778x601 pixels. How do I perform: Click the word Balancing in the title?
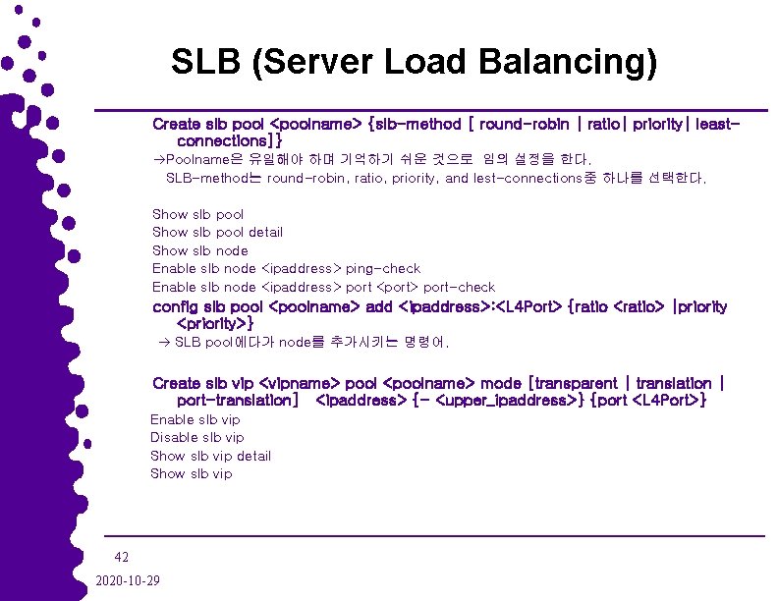tap(568, 62)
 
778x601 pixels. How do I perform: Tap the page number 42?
tap(122, 556)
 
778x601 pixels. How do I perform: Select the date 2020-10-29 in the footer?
tap(129, 579)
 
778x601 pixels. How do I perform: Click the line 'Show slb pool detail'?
tap(217, 232)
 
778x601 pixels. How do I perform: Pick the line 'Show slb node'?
tap(199, 250)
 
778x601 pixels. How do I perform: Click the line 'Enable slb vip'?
tap(194, 419)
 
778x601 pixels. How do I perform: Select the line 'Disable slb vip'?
tap(196, 437)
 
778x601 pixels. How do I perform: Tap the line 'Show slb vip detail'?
tap(210, 456)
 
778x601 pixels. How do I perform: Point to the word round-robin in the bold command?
tap(527, 125)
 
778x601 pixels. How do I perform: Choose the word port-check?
tap(459, 287)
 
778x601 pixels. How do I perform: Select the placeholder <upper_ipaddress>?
tap(508, 401)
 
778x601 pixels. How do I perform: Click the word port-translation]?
tap(237, 401)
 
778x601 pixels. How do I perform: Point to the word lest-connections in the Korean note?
tap(524, 179)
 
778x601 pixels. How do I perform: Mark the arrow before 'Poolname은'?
tap(158, 159)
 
